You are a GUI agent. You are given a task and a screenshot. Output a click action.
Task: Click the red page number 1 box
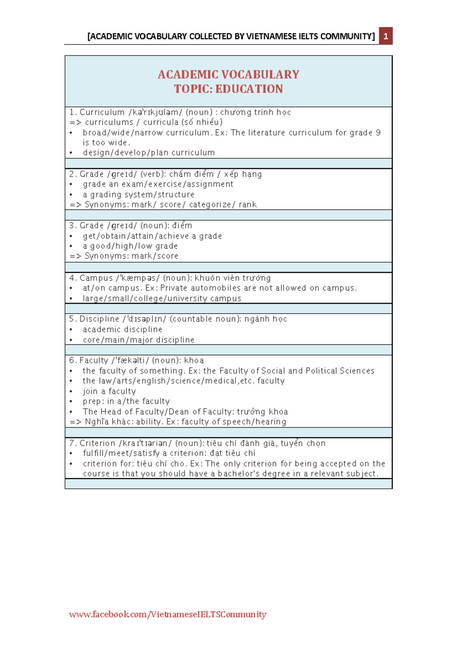tap(385, 36)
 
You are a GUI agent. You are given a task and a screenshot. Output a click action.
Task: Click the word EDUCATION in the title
tap(249, 89)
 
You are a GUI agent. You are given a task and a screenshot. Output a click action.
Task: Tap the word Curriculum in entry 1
tap(102, 112)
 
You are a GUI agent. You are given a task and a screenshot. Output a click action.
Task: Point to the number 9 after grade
tap(378, 132)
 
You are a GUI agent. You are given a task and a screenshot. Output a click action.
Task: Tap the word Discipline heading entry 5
tap(99, 319)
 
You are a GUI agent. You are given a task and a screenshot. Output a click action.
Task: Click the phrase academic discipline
tap(122, 329)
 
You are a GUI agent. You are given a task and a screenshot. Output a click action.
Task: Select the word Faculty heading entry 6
tap(94, 360)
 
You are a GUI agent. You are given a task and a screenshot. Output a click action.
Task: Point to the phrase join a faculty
tap(109, 391)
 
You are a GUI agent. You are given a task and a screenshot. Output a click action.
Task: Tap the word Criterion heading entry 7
tap(97, 443)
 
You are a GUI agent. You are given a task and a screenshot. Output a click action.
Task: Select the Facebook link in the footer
tap(168, 614)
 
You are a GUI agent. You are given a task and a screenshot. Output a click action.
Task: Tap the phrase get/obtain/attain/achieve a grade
tap(152, 236)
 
